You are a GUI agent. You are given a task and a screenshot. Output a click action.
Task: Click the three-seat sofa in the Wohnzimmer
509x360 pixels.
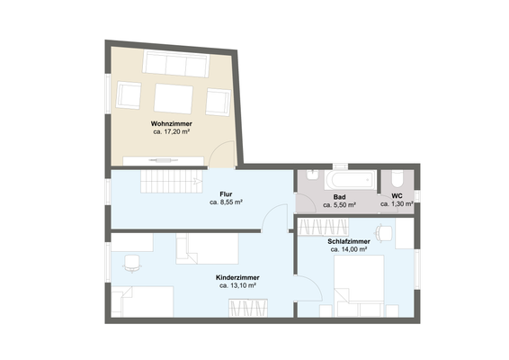(x=176, y=65)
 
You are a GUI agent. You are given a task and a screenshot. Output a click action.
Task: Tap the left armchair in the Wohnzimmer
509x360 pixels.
(x=129, y=95)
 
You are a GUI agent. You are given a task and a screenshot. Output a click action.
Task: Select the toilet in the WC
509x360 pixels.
(x=397, y=179)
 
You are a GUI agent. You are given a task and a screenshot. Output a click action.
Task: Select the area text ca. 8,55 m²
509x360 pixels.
(x=227, y=203)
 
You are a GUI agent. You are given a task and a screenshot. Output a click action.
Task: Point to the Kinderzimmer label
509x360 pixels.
(x=237, y=277)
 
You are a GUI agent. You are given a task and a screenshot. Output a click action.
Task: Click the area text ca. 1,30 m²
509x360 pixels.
(x=397, y=204)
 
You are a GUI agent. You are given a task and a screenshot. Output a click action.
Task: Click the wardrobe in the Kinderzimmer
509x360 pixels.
(x=248, y=308)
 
